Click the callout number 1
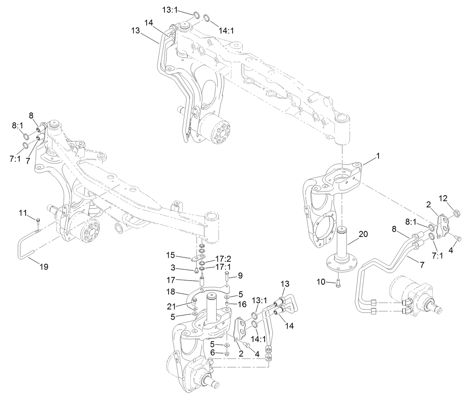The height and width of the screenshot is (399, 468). pyautogui.click(x=378, y=157)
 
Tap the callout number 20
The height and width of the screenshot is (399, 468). pyautogui.click(x=363, y=234)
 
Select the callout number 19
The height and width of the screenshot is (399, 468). pyautogui.click(x=44, y=267)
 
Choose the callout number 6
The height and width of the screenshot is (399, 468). pyautogui.click(x=212, y=352)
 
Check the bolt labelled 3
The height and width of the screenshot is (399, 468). pyautogui.click(x=196, y=270)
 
